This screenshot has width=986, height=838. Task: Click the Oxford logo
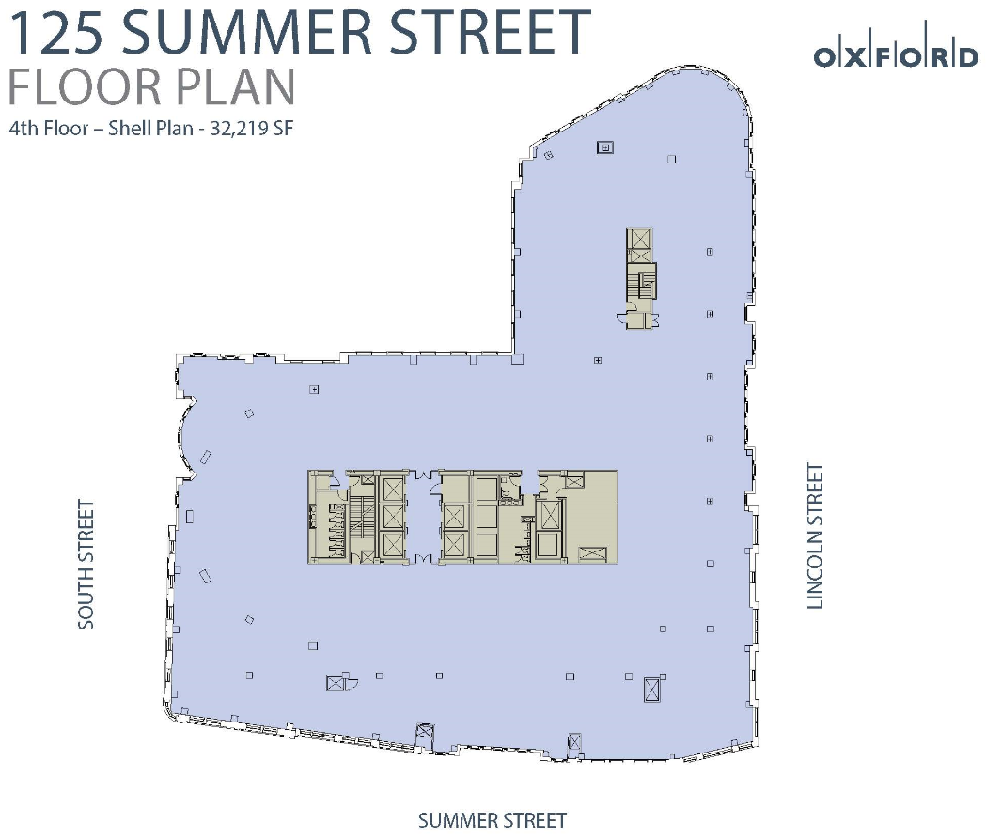pos(896,53)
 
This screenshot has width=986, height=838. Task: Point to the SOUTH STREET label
pos(86,564)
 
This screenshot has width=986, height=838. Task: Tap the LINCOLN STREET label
pos(815,536)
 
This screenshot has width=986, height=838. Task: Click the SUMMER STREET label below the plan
pos(493,820)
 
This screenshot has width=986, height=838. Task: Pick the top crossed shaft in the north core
pos(641,239)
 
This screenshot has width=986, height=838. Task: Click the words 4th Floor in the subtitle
pos(49,129)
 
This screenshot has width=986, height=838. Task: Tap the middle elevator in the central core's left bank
pos(392,517)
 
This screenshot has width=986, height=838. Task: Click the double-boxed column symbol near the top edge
pos(605,147)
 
